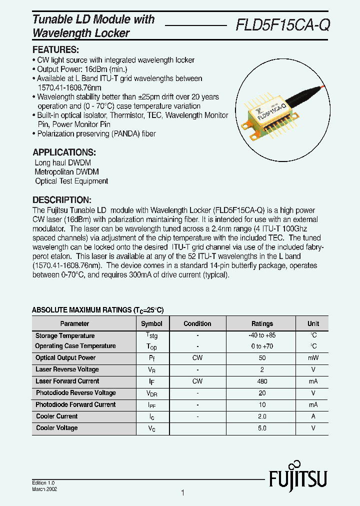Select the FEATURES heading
[x=55, y=50]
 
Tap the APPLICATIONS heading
[x=64, y=152]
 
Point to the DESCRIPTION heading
[x=61, y=199]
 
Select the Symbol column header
[x=151, y=323]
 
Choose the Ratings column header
[x=262, y=323]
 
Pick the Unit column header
[x=313, y=323]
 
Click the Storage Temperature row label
[x=65, y=335]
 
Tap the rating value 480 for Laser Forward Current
[x=262, y=381]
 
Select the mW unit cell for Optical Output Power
[x=313, y=358]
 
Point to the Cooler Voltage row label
[x=56, y=428]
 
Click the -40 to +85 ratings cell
[x=262, y=335]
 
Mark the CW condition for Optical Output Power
[x=197, y=358]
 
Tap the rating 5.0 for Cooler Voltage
[x=262, y=428]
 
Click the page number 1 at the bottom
[x=182, y=493]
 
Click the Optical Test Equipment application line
[x=71, y=181]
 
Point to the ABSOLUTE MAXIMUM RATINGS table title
[x=97, y=310]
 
